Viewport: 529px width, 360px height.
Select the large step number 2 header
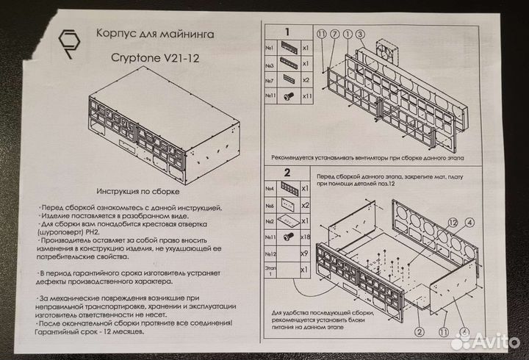[288, 173]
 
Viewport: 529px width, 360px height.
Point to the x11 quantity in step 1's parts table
[308, 96]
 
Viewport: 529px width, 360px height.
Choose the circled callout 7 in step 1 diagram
[335, 35]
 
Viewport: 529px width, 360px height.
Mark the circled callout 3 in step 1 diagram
[360, 35]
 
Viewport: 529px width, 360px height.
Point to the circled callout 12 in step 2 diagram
[453, 221]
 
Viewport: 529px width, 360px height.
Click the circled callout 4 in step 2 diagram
[468, 221]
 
